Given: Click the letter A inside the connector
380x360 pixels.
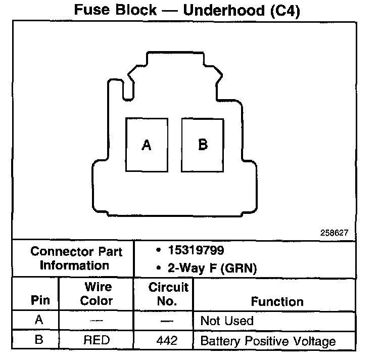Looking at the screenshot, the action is click(147, 146).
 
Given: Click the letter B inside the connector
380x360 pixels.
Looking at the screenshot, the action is click(203, 145).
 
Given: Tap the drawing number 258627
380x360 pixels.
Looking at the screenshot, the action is click(335, 234).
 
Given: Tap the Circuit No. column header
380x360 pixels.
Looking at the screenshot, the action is click(168, 294).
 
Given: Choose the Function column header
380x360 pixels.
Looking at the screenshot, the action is click(277, 301).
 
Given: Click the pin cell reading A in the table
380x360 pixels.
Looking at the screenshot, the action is click(38, 321).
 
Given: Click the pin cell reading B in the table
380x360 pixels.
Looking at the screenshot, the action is click(38, 340).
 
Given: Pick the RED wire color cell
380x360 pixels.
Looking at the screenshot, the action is click(97, 340).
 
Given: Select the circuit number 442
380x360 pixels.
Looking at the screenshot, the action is click(167, 341).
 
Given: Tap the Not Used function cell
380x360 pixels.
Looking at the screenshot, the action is click(227, 321).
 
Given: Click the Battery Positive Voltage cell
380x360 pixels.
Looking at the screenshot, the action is click(268, 341).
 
